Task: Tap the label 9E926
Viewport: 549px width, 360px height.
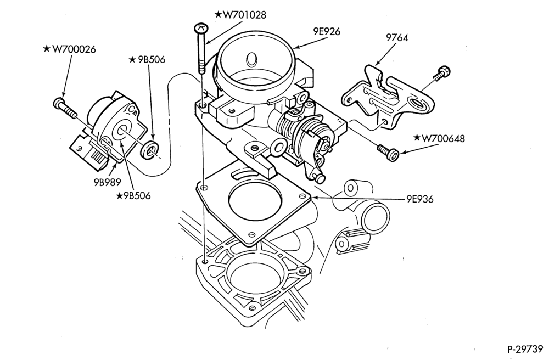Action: (327, 31)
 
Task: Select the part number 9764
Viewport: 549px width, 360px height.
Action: (397, 37)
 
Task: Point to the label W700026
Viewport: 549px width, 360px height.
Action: (74, 49)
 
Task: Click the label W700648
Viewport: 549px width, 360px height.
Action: (443, 138)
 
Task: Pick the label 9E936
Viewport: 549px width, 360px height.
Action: (420, 199)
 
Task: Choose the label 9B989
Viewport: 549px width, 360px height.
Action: (107, 182)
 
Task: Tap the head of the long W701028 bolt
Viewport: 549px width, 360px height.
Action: (201, 27)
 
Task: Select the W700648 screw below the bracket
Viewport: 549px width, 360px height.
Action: (388, 153)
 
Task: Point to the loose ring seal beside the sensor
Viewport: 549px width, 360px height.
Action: (150, 149)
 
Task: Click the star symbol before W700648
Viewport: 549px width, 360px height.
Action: (417, 138)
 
